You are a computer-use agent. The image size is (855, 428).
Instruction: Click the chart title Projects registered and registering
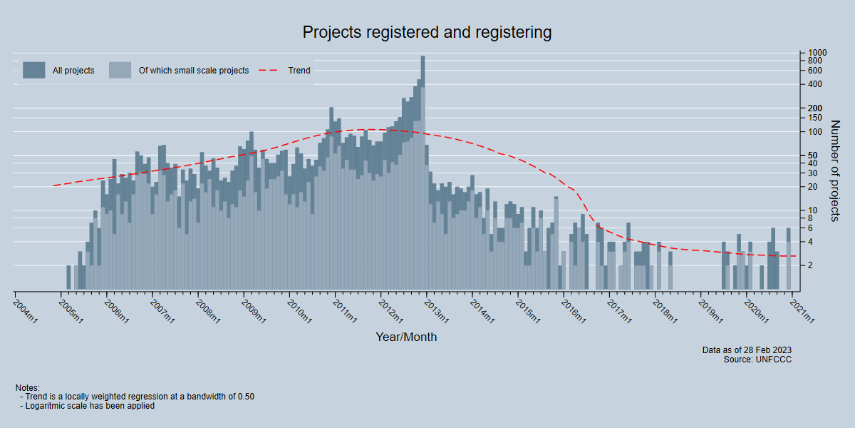[x=427, y=32]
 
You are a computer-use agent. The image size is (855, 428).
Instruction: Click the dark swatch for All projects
[x=33, y=70]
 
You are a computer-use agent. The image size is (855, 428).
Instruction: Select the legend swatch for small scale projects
[x=120, y=70]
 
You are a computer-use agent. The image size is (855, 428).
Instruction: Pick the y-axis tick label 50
[x=813, y=155]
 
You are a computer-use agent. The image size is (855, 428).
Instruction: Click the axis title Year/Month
[x=406, y=337]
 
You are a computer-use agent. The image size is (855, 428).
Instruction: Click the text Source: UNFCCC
[x=757, y=360]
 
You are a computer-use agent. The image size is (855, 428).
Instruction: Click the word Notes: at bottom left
[x=27, y=387]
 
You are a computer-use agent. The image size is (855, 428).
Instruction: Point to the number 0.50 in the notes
[x=244, y=397]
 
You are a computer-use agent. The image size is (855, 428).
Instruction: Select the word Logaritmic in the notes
[x=48, y=406]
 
